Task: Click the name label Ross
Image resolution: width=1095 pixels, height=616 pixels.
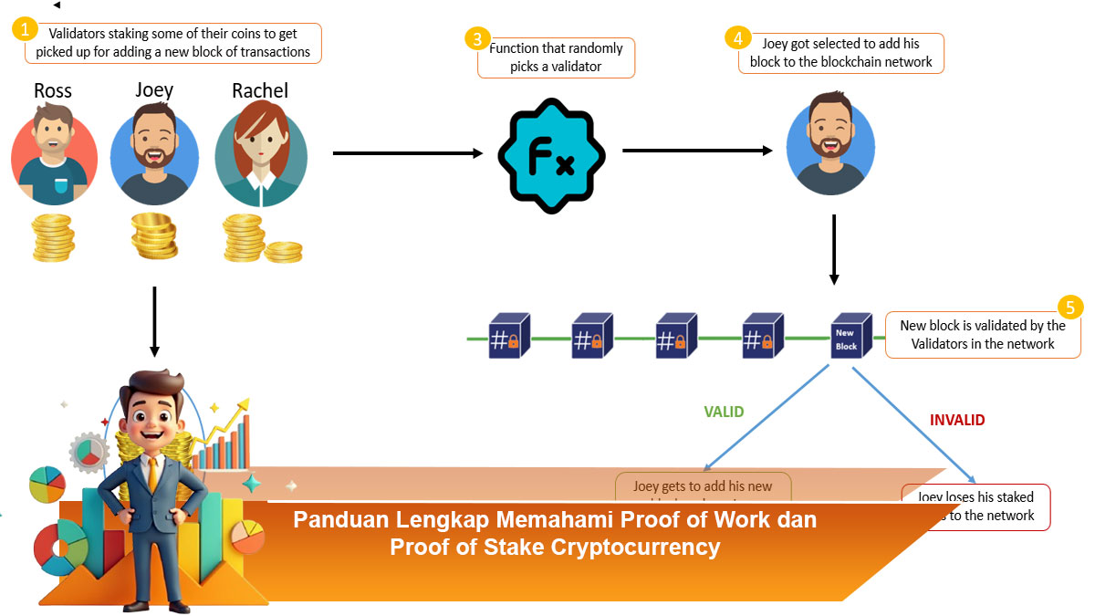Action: coord(52,90)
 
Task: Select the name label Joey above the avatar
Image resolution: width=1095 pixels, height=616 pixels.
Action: coord(154,89)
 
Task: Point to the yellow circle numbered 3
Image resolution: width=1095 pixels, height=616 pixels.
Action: coord(477,38)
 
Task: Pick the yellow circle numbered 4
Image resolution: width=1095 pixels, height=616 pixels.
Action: coord(737,37)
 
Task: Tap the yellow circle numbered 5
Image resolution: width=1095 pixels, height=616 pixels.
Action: coord(1069,307)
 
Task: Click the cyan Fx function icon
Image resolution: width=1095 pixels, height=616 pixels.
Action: coord(551,157)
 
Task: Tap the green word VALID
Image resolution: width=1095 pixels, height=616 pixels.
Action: coord(724,412)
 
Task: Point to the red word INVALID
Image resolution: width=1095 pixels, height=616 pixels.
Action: coord(957,421)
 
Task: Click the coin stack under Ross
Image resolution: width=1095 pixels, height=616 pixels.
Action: coord(54,238)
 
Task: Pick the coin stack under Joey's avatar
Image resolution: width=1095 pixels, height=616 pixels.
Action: coord(154,235)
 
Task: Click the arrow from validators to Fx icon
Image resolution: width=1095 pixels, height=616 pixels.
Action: coord(407,153)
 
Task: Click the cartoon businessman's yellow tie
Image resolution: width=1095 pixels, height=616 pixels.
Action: coord(152,469)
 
